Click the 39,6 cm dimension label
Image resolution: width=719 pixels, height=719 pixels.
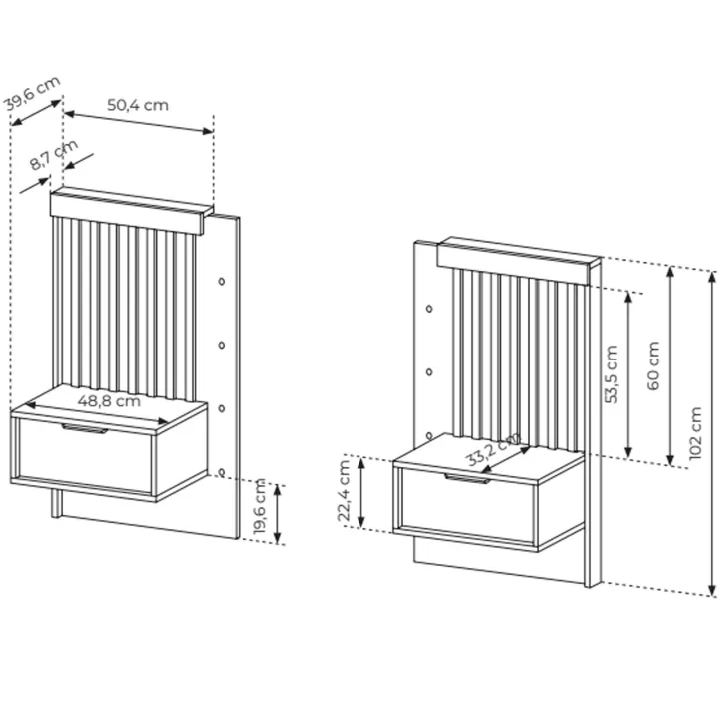click(x=32, y=94)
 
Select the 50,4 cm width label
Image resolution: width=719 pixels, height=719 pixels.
click(x=138, y=105)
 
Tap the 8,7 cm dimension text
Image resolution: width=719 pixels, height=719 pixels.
click(x=54, y=155)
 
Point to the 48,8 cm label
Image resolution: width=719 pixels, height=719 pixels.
click(x=109, y=401)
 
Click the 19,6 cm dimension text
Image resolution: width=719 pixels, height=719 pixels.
click(x=260, y=506)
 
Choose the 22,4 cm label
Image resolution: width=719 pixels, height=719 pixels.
click(x=344, y=491)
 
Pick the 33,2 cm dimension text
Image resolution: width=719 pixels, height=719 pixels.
click(x=493, y=449)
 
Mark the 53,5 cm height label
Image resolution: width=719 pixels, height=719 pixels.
click(x=612, y=374)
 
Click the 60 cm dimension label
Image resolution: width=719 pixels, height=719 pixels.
click(x=653, y=365)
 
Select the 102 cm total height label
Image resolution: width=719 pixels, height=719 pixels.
click(x=695, y=432)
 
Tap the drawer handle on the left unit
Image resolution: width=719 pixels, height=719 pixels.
click(x=85, y=428)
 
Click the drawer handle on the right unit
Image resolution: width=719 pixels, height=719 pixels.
click(x=467, y=478)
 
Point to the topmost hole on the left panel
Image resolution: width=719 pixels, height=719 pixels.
click(x=222, y=281)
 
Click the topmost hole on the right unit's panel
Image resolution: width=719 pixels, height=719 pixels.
click(x=429, y=309)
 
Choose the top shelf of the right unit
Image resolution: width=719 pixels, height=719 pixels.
click(x=518, y=260)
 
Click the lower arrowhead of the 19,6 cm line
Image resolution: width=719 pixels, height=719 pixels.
click(x=277, y=538)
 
